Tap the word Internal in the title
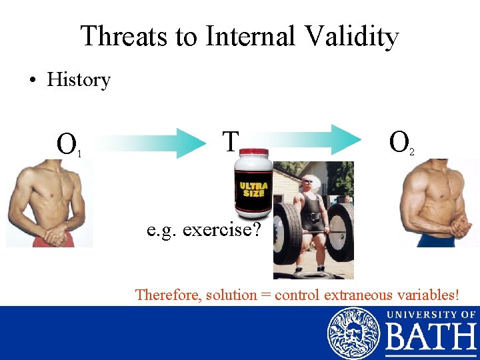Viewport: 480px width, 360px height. [x=250, y=37]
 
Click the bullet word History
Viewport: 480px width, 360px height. [x=78, y=80]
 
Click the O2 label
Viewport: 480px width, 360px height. [x=401, y=143]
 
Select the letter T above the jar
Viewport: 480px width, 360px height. [x=230, y=141]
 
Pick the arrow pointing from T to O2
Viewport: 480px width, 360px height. [x=313, y=139]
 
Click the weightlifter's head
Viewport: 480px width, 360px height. [x=307, y=183]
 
